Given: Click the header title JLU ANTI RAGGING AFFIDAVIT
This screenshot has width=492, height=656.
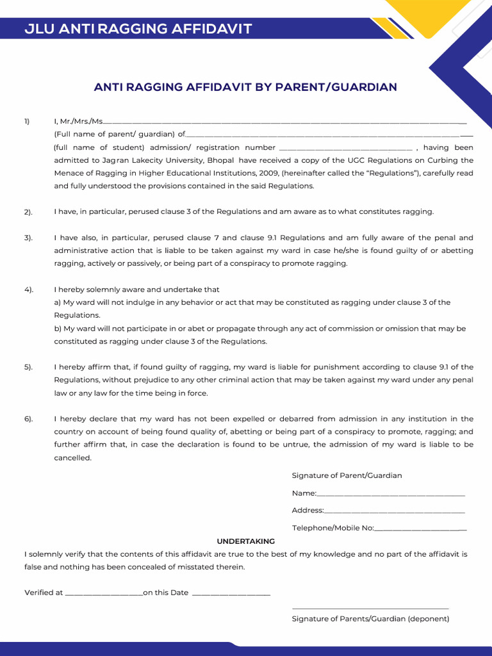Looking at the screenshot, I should [138, 29].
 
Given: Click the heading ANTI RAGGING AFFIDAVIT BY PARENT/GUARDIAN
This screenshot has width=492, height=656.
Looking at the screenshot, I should [245, 86].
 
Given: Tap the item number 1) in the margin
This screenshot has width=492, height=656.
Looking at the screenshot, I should [27, 121].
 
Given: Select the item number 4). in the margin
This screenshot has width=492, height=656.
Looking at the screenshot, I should [28, 290].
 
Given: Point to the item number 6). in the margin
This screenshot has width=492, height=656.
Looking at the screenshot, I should [28, 419].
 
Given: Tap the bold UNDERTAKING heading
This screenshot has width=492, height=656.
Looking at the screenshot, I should [245, 541].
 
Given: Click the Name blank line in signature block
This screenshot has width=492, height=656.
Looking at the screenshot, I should [391, 495].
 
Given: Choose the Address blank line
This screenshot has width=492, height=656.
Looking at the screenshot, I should [395, 511].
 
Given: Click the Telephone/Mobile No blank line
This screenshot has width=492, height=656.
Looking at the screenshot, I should [420, 529].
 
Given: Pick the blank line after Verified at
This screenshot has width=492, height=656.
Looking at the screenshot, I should [103, 594].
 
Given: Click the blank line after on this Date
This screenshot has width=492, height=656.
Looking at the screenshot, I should [231, 594].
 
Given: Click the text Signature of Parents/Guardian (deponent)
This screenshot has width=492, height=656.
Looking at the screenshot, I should [370, 619].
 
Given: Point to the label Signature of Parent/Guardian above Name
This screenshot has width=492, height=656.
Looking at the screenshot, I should [347, 475].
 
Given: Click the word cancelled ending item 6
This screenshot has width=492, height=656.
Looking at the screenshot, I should [73, 458].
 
